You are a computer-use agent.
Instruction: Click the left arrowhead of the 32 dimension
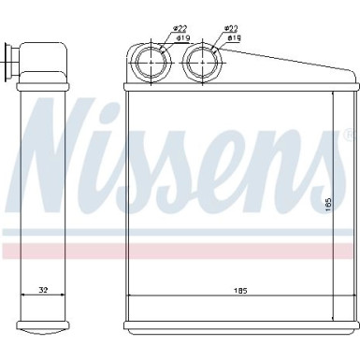coord(24,297)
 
